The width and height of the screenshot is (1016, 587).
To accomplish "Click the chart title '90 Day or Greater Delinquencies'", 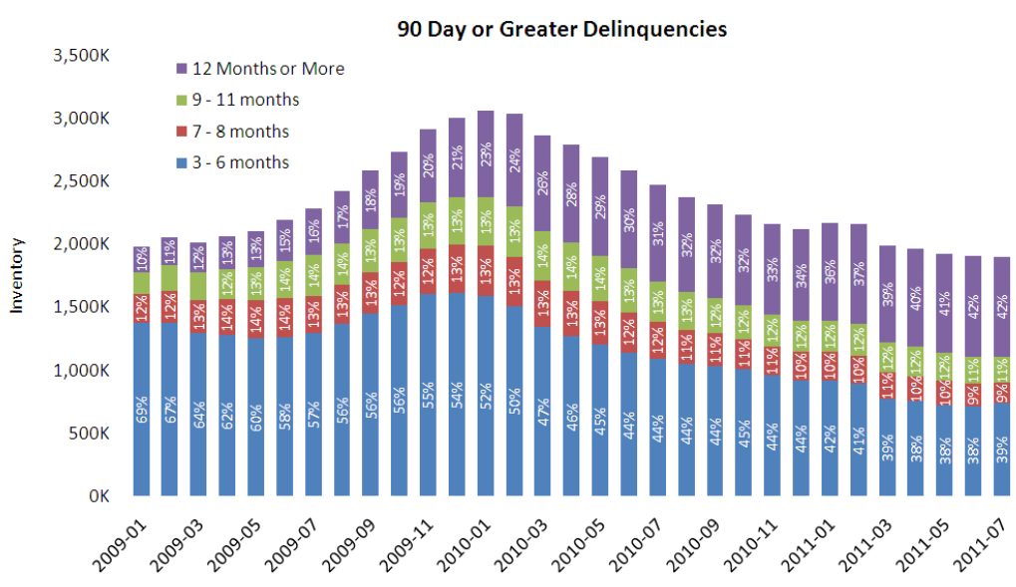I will (x=562, y=29).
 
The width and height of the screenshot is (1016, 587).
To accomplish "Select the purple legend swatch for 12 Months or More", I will (x=182, y=69).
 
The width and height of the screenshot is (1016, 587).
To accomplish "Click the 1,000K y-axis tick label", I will (x=82, y=370).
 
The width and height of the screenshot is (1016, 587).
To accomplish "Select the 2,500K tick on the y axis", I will (x=82, y=180).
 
